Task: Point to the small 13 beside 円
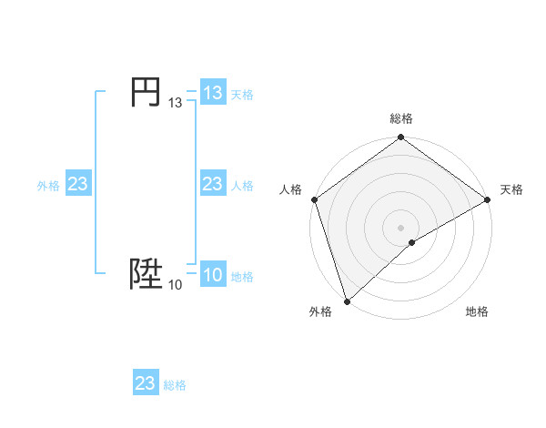176,104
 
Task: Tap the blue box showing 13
212,93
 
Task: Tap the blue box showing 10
212,275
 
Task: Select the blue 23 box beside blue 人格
212,184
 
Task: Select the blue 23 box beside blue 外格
78,184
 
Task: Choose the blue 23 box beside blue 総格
146,383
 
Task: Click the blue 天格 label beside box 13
242,95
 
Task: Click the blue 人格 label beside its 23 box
242,186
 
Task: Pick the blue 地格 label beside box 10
242,277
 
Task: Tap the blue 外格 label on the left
48,186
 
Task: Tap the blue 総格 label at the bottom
175,385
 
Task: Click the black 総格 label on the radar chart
401,119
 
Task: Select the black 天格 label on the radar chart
511,189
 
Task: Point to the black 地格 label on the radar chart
477,311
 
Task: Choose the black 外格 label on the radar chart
320,311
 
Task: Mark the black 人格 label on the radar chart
290,189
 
